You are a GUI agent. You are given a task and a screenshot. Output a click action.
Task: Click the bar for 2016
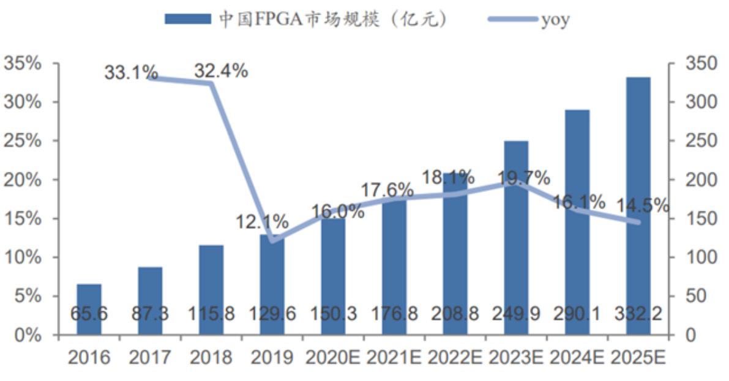coord(89,309)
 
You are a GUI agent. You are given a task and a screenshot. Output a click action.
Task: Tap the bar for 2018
coord(211,290)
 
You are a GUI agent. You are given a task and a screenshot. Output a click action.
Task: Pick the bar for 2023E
coord(516,238)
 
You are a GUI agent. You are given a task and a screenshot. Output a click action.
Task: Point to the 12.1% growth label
coord(262,222)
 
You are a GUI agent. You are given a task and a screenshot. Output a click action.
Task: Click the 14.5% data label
coord(642,205)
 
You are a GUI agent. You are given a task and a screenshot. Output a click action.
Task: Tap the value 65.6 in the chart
coord(89,314)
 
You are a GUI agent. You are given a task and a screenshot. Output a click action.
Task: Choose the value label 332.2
coord(638,314)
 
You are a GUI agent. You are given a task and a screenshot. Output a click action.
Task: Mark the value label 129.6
coord(272,314)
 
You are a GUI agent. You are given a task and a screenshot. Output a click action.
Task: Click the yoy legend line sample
coord(513,19)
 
